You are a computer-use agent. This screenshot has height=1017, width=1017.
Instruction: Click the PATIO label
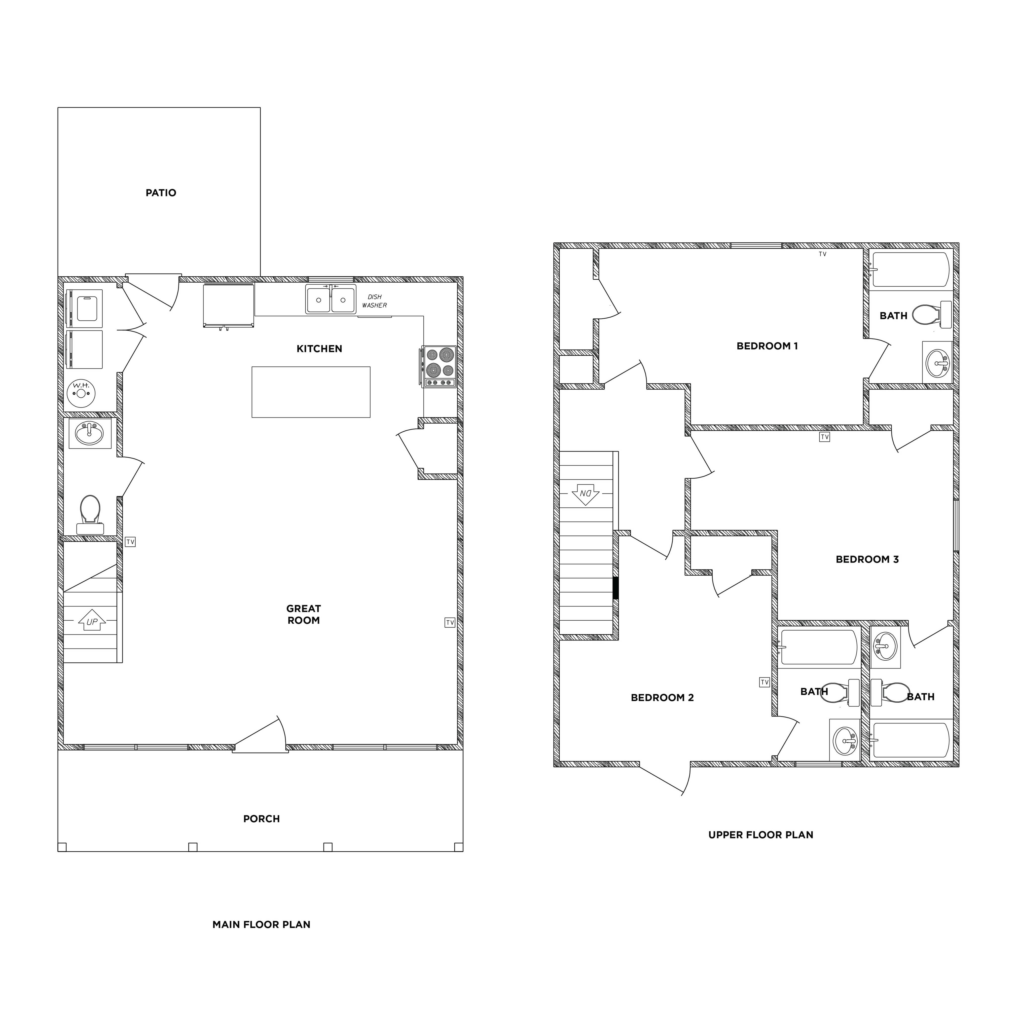(x=161, y=193)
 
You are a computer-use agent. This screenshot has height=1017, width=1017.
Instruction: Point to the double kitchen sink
(x=330, y=299)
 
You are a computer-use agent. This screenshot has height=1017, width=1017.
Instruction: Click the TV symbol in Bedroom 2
(x=764, y=682)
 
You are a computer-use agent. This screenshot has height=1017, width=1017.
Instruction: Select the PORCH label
(x=262, y=819)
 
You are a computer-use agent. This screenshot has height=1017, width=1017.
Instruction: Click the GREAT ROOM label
(x=304, y=614)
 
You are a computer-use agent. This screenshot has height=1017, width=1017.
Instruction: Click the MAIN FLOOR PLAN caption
(x=262, y=924)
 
